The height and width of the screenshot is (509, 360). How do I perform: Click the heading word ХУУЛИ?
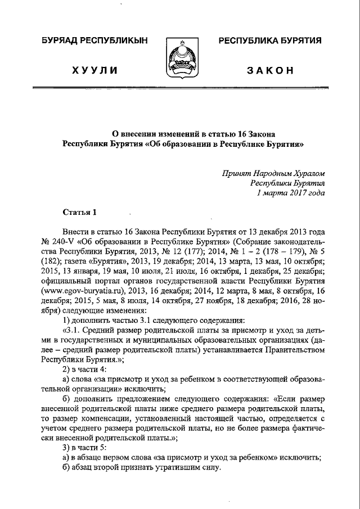94,70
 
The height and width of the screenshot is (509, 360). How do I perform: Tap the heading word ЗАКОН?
270,70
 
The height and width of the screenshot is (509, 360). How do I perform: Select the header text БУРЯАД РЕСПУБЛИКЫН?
94,41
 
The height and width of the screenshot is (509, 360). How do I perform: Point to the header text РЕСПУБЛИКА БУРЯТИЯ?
270,41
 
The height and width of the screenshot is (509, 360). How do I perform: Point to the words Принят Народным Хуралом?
274,173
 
